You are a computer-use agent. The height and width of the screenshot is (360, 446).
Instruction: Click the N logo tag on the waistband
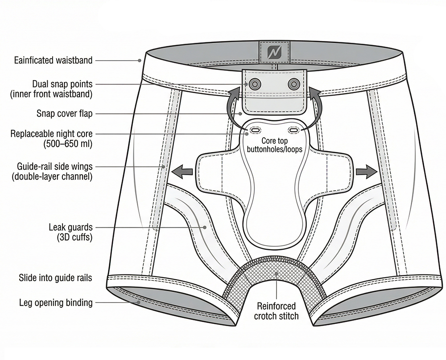coord(274,53)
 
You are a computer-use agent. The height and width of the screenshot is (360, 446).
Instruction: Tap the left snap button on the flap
coord(256,83)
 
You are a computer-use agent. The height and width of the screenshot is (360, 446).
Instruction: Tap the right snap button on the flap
coord(294,83)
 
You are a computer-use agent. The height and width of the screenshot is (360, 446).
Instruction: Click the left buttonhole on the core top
coord(256,130)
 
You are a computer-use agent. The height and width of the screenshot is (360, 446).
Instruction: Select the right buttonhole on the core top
coord(294,130)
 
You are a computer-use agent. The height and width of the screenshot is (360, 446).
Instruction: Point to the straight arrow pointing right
coord(366,170)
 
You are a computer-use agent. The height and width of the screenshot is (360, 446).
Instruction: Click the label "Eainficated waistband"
coord(53,60)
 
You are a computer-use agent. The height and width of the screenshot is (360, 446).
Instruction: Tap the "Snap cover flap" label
coord(65,114)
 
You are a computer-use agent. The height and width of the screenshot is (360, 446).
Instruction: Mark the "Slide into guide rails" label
coord(55,278)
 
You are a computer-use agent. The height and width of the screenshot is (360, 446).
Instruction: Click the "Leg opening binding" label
coord(56,303)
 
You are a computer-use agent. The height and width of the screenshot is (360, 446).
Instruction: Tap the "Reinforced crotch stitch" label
coord(276,311)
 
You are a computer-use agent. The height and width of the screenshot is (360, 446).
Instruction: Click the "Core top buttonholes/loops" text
coord(274,145)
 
